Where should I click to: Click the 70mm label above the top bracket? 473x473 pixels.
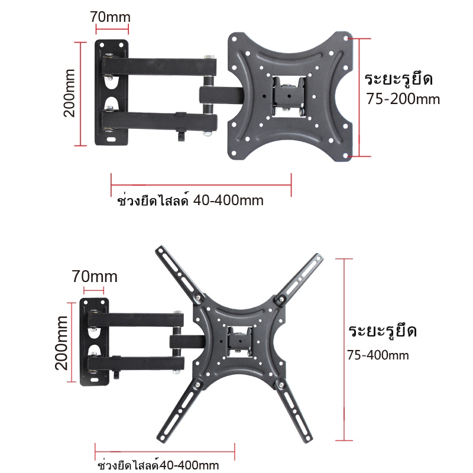coord(110,17)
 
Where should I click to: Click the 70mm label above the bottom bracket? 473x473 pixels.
coord(95,277)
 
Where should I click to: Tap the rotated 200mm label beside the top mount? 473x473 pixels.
coord(69,93)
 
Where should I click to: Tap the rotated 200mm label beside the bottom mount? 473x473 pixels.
coord(61,343)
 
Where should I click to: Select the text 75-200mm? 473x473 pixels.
coord(403,99)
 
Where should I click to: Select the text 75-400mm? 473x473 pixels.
coord(378,355)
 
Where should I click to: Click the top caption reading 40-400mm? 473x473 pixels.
coord(228,200)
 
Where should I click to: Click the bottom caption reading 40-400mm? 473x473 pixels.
coord(189,465)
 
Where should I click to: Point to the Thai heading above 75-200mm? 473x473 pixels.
coord(399,79)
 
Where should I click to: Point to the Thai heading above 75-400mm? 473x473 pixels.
coord(383,331)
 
